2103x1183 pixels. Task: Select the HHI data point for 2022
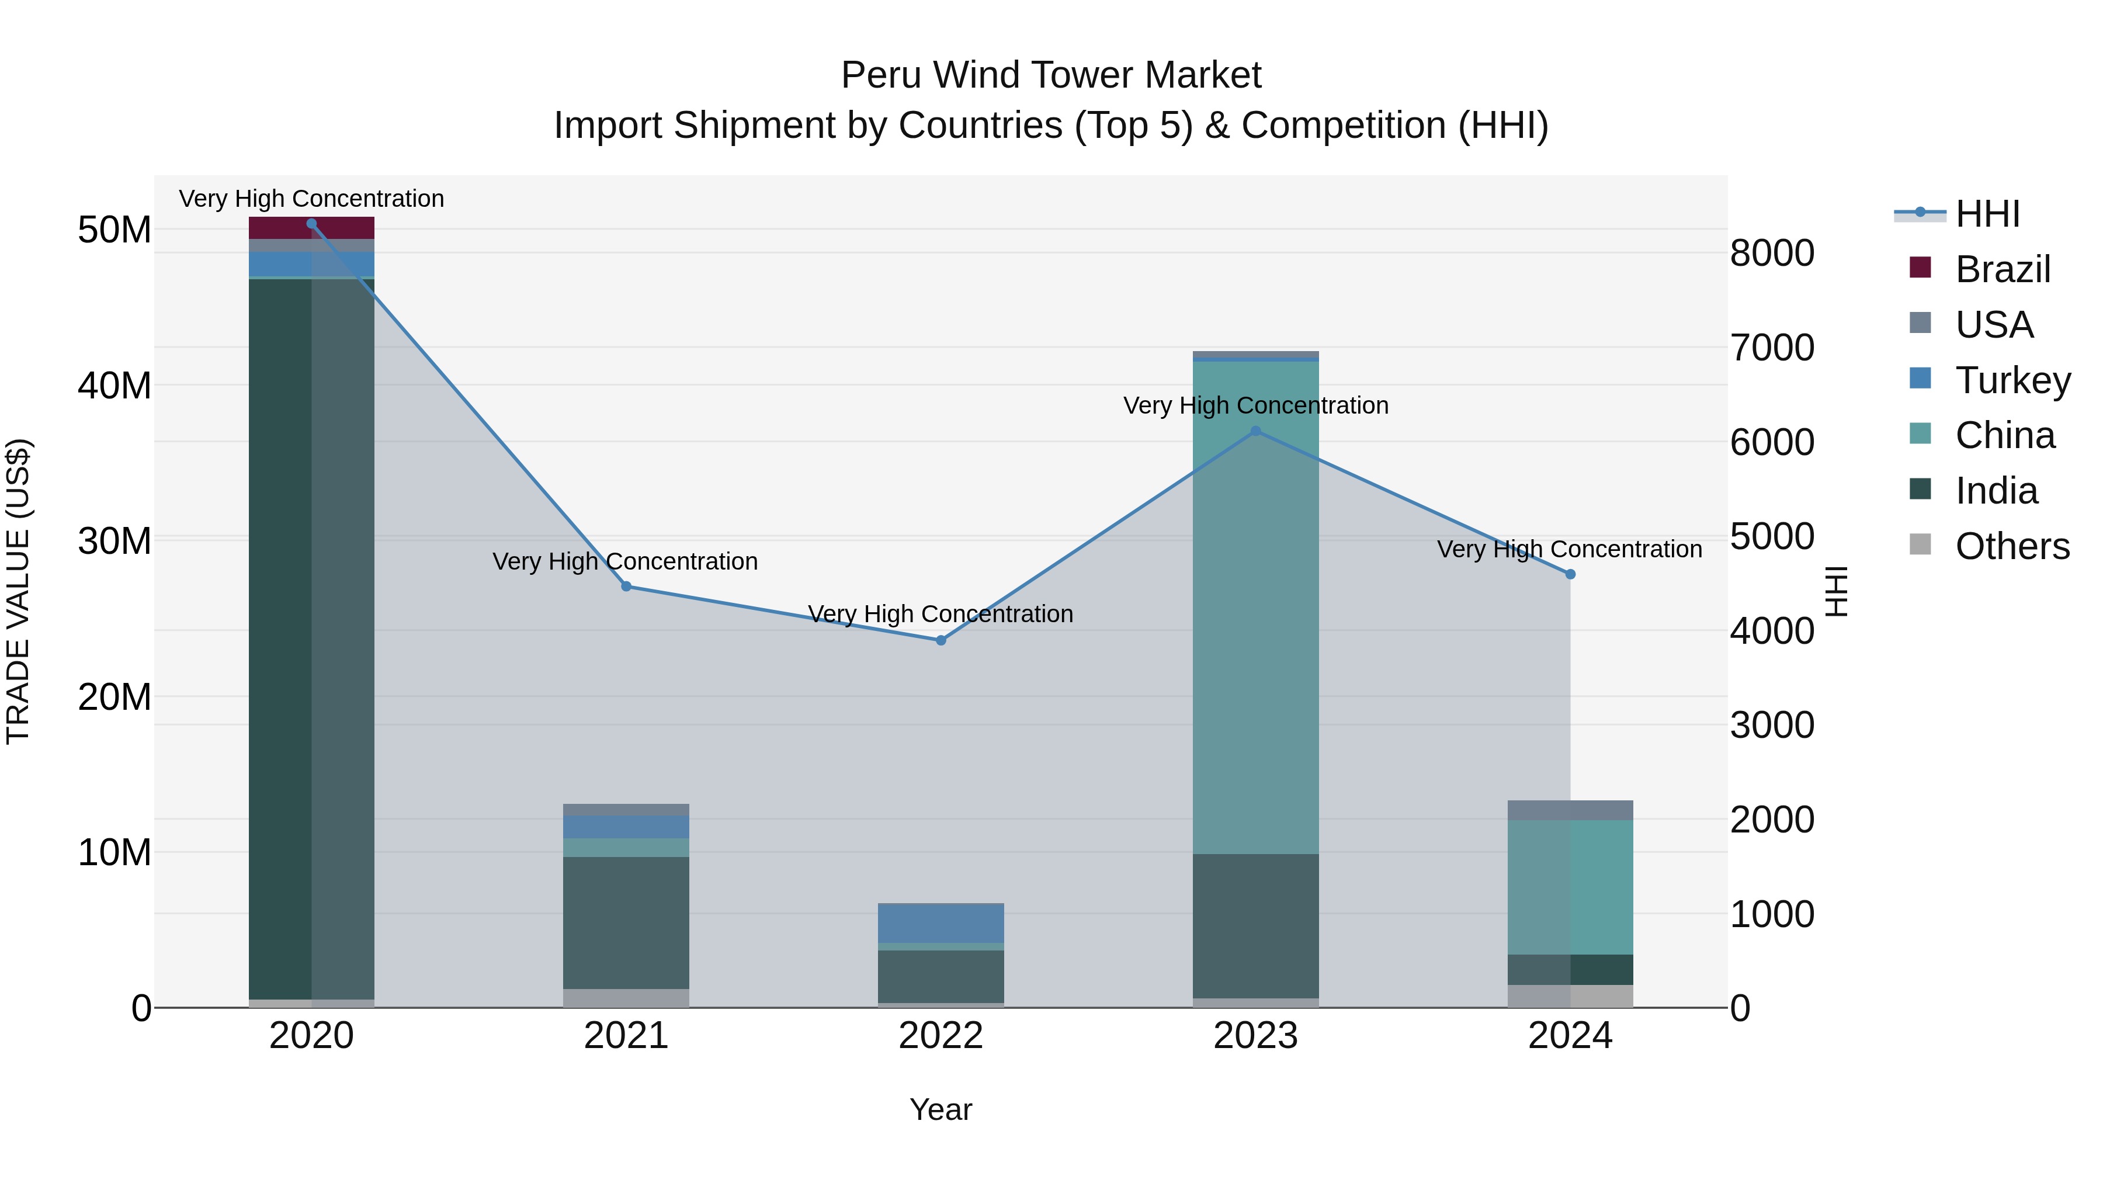(x=941, y=641)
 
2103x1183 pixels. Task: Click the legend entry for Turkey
(x=2012, y=380)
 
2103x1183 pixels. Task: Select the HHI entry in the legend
(x=1987, y=214)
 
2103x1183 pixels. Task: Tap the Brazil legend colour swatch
(x=1920, y=268)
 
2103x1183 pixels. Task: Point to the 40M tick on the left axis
(x=114, y=386)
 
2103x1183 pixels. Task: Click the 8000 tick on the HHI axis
(x=1772, y=253)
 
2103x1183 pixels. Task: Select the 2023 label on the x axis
(x=1255, y=1036)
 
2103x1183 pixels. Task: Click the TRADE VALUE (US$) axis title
(x=18, y=591)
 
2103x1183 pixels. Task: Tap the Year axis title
(x=941, y=1109)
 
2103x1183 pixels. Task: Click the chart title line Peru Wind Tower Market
(x=1051, y=75)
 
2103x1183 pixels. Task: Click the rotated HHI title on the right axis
(x=1835, y=591)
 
